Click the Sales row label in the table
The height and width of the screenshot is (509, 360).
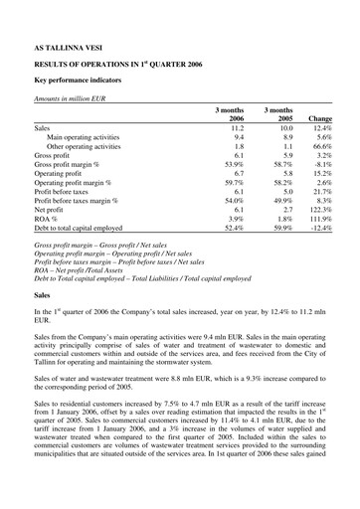point(43,128)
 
